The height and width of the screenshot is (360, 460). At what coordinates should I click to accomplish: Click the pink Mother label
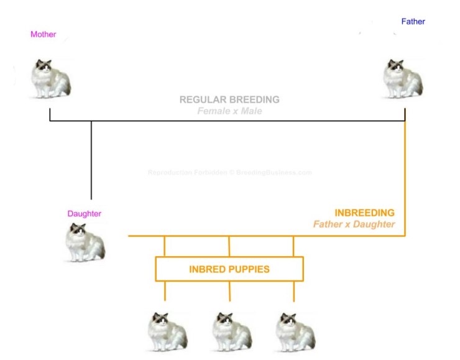tap(43, 34)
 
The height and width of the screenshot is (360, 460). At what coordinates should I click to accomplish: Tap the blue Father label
tap(413, 22)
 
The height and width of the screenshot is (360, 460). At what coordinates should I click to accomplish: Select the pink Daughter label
tap(84, 214)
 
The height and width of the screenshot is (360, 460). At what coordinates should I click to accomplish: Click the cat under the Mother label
tap(51, 79)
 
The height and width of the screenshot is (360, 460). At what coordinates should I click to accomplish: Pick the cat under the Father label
tap(403, 79)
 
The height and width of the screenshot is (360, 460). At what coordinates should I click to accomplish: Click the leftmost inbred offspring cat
tap(167, 332)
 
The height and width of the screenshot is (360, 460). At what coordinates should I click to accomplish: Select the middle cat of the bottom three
tap(232, 332)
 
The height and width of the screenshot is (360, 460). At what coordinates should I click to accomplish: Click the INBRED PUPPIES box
tap(229, 270)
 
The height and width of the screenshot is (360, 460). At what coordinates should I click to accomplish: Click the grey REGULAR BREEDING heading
tap(229, 99)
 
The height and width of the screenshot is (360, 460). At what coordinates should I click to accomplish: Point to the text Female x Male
tap(229, 111)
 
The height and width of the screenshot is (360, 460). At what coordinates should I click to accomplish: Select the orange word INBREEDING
tap(364, 213)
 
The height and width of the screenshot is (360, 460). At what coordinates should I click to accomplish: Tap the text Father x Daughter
tap(354, 224)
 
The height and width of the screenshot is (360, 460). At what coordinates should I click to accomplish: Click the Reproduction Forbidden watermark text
tap(229, 172)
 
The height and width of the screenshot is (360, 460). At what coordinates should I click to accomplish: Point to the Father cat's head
tap(395, 66)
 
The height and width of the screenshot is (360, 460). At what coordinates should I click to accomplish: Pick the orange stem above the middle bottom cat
tap(230, 290)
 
